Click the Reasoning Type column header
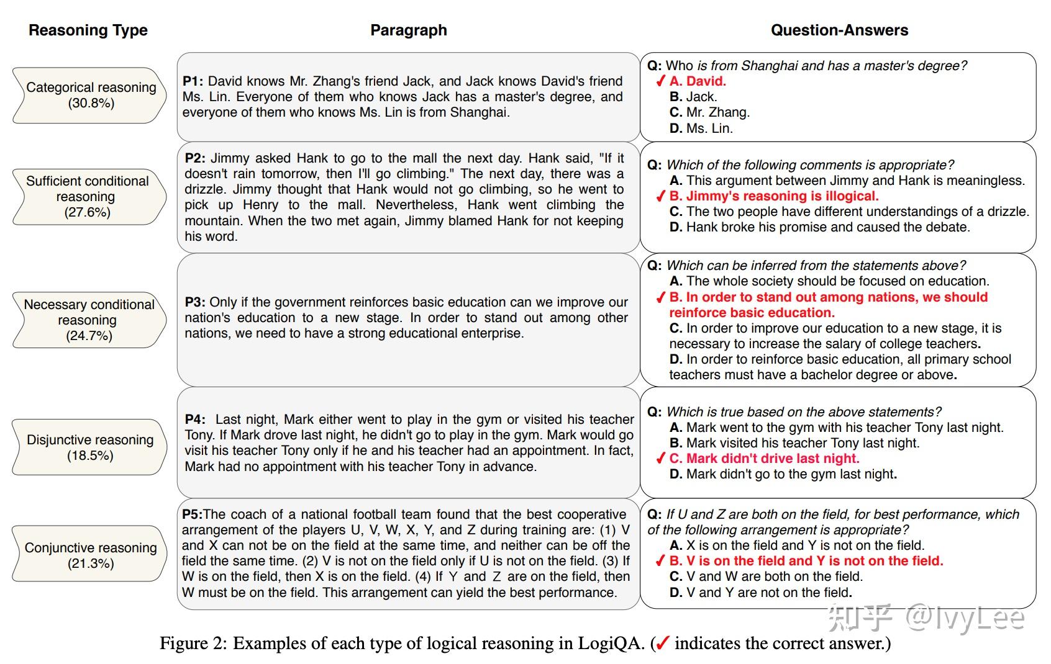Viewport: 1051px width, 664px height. (88, 30)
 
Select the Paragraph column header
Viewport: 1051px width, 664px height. (408, 30)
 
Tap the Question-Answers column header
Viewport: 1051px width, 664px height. (839, 30)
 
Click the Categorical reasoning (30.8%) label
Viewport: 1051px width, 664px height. (91, 95)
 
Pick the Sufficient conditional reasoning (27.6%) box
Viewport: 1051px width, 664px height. (88, 197)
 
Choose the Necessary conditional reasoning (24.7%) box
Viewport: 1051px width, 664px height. (89, 320)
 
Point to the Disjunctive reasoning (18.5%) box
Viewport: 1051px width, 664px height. (90, 447)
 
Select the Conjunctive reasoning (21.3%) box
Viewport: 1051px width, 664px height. (91, 555)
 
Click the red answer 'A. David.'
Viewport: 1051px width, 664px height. (698, 81)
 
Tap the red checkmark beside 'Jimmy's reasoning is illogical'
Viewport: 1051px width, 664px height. (660, 197)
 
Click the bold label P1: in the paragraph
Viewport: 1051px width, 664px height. (193, 81)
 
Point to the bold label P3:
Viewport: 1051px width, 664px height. (195, 302)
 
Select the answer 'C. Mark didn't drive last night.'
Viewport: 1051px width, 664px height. (764, 459)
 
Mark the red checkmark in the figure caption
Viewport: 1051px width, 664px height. (662, 644)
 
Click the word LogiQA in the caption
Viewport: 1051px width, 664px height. (611, 644)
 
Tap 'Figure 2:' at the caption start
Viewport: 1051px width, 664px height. (193, 644)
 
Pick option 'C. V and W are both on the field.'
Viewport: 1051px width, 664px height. (766, 577)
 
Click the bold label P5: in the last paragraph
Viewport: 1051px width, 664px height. (193, 514)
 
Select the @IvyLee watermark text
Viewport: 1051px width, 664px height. (964, 617)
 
